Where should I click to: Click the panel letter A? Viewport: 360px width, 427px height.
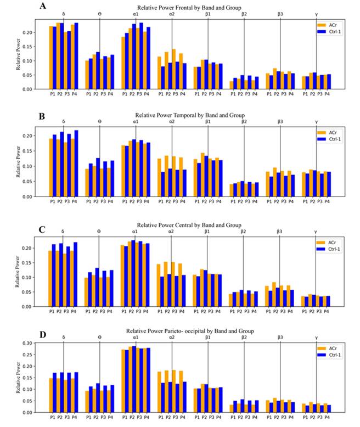click(42, 6)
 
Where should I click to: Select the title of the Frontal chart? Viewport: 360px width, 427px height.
click(189, 7)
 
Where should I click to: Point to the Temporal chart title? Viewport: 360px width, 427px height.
click(189, 115)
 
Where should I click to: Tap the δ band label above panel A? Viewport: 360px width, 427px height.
click(64, 14)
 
